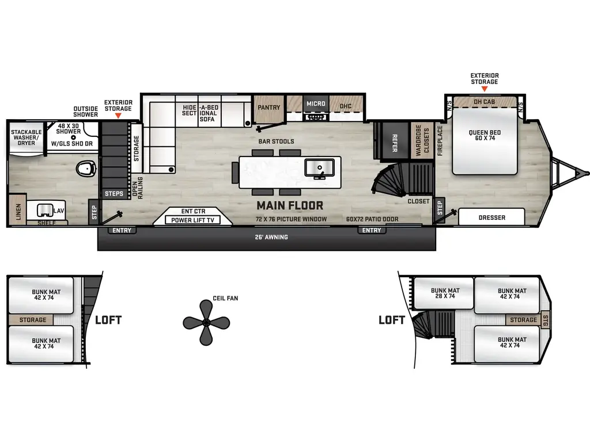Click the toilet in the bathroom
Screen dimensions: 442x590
click(86, 169)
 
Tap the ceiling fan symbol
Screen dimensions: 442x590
click(206, 322)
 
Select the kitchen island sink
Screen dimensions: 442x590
click(319, 167)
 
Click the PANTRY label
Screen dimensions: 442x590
click(269, 107)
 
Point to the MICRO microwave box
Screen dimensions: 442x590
click(316, 104)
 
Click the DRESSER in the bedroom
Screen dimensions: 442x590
click(491, 218)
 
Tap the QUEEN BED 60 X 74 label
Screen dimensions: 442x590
click(485, 136)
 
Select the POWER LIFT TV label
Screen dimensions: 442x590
click(194, 220)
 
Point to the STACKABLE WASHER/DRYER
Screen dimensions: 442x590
click(26, 138)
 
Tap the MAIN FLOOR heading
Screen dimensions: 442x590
click(290, 205)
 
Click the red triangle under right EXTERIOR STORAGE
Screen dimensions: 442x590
click(485, 89)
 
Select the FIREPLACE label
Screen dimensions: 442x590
click(440, 141)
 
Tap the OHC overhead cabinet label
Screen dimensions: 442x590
click(346, 106)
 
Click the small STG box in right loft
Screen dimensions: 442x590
click(546, 320)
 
